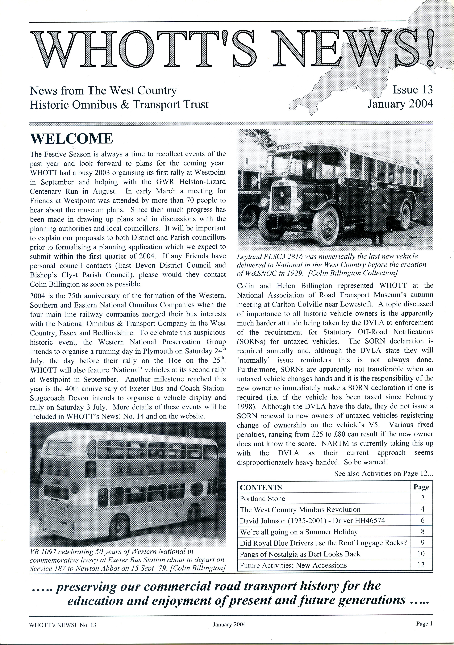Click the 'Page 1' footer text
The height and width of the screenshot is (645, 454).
(x=424, y=624)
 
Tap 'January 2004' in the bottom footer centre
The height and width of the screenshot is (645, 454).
(x=229, y=625)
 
